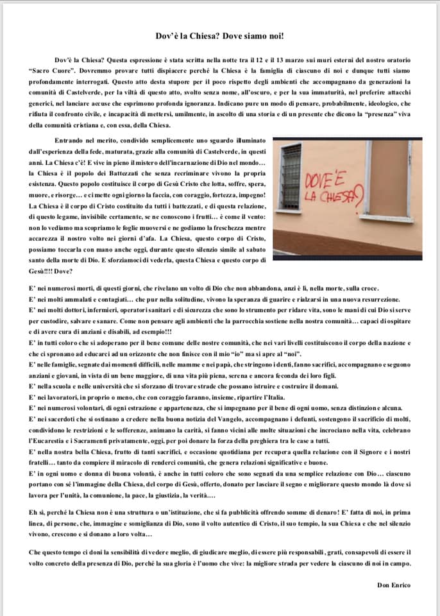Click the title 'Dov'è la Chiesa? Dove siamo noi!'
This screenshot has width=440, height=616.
click(220, 37)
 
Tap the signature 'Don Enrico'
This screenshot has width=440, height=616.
click(394, 585)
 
